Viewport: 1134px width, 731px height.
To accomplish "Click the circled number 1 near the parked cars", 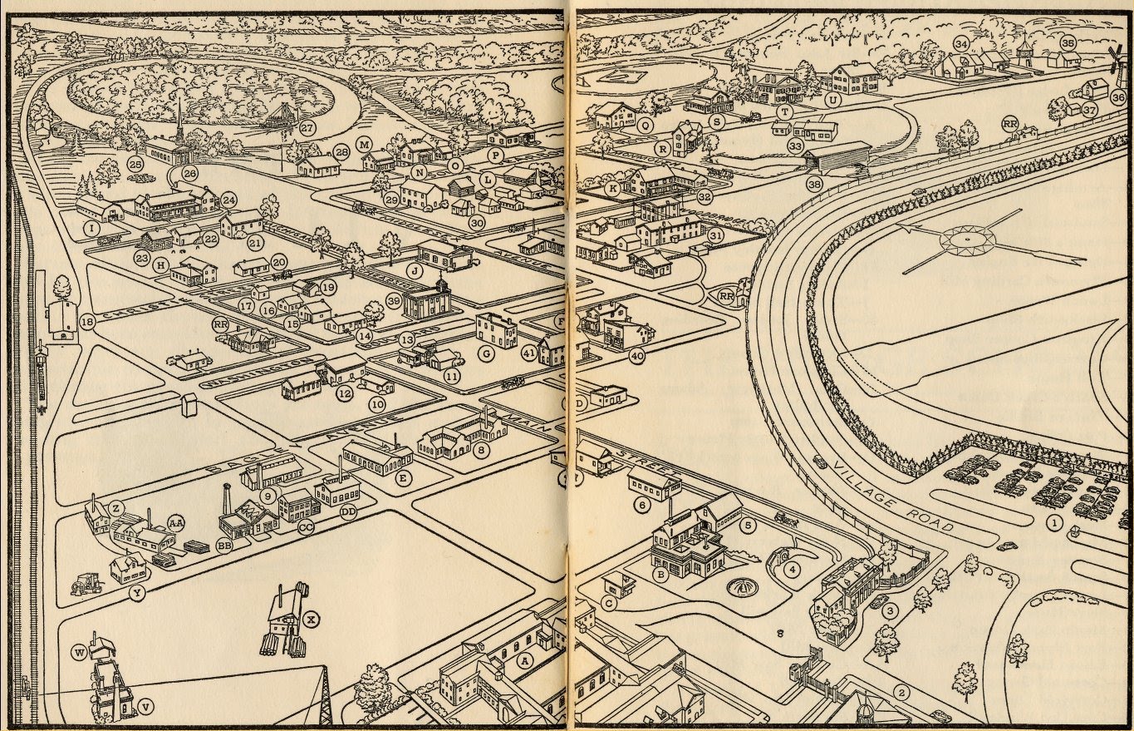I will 1054,524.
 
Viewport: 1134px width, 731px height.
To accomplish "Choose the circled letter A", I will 525,660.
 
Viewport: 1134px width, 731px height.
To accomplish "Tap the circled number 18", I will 86,321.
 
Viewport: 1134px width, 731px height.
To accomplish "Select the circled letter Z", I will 116,507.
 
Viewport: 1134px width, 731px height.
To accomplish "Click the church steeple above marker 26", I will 179,116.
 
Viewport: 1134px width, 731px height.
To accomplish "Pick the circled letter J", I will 414,270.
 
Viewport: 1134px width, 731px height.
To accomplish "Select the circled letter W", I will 80,654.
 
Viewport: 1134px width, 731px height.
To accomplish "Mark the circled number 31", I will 714,235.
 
